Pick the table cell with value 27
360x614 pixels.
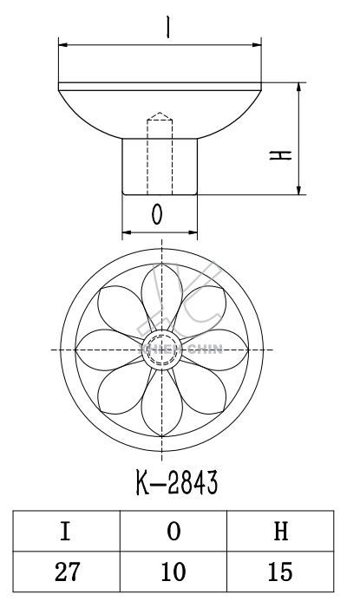(x=65, y=572)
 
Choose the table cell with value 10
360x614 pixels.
(x=173, y=572)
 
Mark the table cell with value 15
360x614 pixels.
(x=280, y=572)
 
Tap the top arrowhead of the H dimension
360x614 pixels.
(x=299, y=88)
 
